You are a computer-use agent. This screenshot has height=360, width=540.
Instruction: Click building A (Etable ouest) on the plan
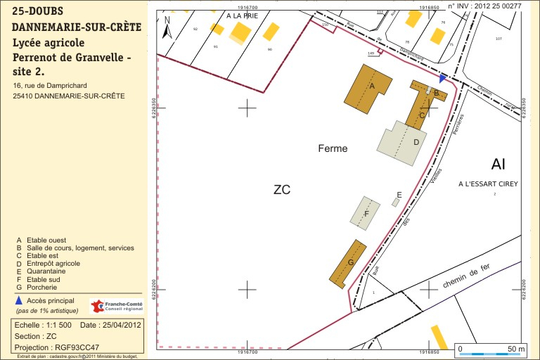point(368,86)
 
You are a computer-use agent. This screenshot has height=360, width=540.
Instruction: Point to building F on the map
point(366,213)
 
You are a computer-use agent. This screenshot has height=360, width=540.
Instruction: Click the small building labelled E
point(397,202)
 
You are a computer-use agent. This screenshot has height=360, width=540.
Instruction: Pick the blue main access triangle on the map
point(442,78)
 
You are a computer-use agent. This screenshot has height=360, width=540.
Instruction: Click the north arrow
point(167,28)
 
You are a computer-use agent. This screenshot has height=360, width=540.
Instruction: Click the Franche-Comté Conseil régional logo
point(117,307)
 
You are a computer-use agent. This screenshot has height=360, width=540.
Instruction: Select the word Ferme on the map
point(333,148)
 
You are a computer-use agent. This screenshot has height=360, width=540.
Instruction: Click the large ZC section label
point(282,190)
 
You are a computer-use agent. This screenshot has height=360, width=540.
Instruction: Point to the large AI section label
point(499,165)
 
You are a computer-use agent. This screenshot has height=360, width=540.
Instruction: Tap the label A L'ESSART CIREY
point(487,184)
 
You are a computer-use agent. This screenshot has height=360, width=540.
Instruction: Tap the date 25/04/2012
point(122,326)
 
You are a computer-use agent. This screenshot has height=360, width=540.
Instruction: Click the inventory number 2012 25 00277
point(498,5)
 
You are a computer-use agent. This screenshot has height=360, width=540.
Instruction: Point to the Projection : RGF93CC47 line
point(57,347)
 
